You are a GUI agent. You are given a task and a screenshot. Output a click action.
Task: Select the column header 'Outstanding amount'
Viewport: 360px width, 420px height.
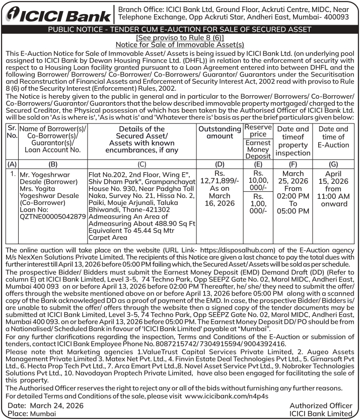click(x=220, y=133)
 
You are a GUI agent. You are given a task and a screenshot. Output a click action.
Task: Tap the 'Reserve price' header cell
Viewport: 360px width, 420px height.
click(x=258, y=130)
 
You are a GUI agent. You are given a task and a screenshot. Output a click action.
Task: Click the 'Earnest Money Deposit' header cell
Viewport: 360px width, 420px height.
click(x=258, y=150)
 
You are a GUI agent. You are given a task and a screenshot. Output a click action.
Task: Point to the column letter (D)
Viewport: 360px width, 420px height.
click(x=220, y=163)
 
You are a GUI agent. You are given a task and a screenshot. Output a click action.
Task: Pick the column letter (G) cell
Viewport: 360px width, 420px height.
click(x=333, y=163)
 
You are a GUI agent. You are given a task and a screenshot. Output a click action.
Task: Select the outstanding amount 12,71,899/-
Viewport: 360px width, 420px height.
click(x=220, y=181)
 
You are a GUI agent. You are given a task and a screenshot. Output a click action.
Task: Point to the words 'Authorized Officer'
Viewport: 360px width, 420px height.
click(x=321, y=405)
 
